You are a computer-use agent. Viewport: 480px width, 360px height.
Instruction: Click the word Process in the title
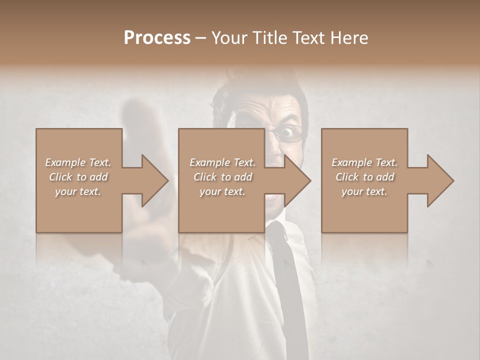pyautogui.click(x=157, y=38)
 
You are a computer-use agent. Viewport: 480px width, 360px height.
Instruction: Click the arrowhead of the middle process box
pyautogui.click(x=297, y=180)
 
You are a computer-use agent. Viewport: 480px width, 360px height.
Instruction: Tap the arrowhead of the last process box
pyautogui.click(x=440, y=180)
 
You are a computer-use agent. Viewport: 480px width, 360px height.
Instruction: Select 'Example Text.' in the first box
pyautogui.click(x=78, y=162)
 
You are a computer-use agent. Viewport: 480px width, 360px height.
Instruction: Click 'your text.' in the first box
pyautogui.click(x=78, y=191)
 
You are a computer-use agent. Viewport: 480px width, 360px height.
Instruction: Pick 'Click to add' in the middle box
pyautogui.click(x=222, y=177)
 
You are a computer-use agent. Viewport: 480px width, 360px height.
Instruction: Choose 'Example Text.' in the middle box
pyautogui.click(x=222, y=162)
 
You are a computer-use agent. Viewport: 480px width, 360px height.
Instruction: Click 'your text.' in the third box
pyautogui.click(x=364, y=191)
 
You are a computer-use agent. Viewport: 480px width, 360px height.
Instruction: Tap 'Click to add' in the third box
pyautogui.click(x=364, y=177)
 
